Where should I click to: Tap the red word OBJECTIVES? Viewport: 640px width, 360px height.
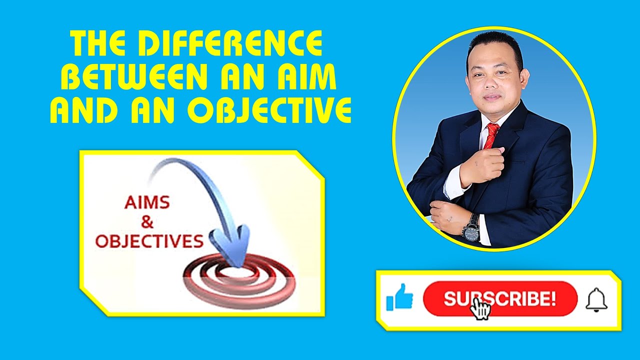click(x=149, y=242)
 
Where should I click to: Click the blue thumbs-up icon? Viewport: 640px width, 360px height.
click(x=399, y=298)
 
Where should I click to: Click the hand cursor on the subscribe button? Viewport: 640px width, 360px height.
click(x=480, y=308)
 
